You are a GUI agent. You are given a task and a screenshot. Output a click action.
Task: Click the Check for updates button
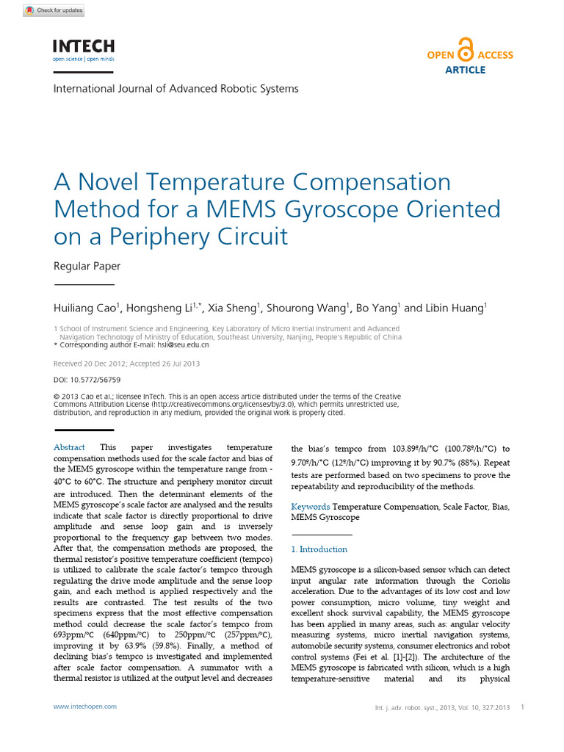tap(54, 10)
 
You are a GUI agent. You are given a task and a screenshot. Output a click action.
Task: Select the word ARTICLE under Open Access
tap(465, 70)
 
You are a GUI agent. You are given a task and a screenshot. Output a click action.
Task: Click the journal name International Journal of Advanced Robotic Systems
tap(176, 89)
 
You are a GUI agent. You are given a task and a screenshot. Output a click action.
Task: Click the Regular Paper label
tap(87, 266)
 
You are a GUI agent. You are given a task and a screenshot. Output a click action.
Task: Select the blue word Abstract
tap(69, 447)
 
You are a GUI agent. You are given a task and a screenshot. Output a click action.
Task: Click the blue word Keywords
tap(311, 507)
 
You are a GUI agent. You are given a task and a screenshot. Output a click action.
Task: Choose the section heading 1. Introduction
tap(319, 549)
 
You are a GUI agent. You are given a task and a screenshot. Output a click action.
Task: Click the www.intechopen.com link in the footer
tap(85, 706)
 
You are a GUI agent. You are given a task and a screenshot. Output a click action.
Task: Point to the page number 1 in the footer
tap(521, 707)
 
